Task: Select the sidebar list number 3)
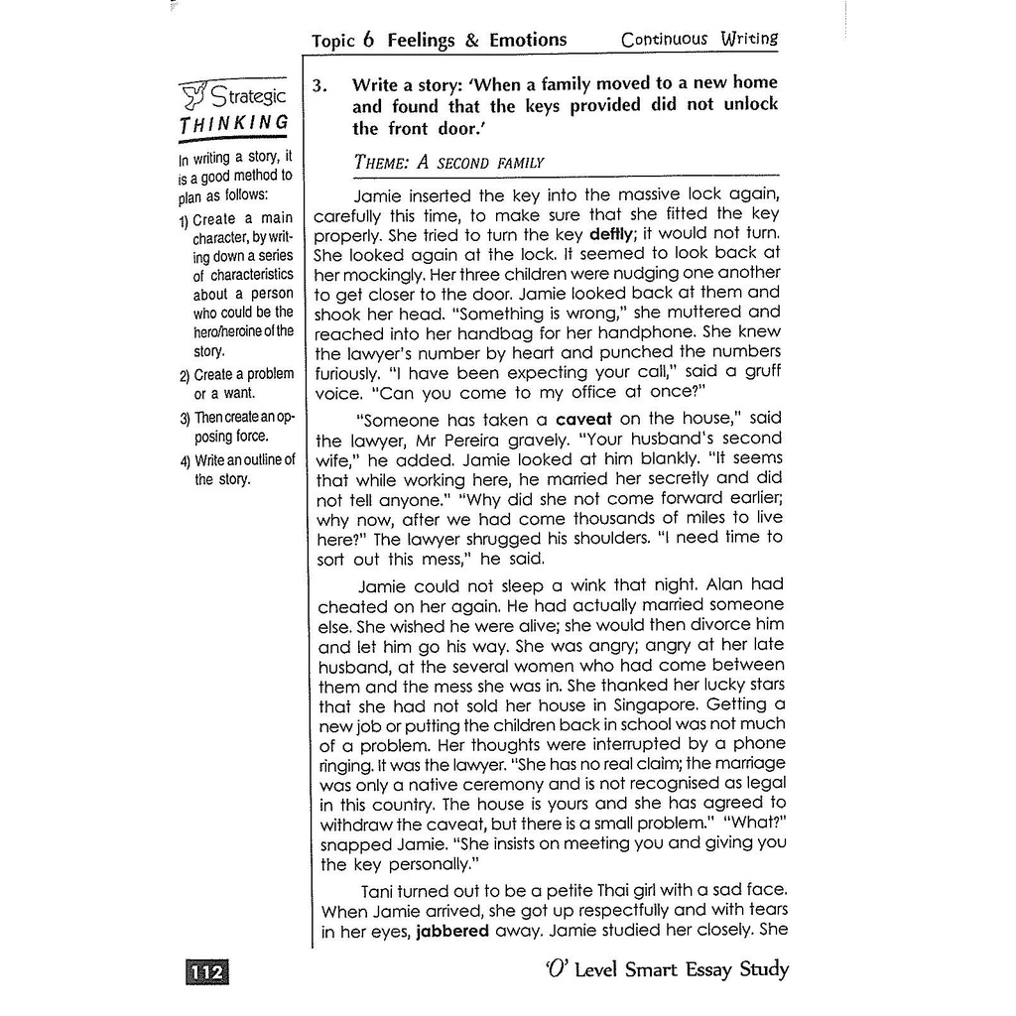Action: pos(185,417)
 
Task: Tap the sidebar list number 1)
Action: pos(185,219)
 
